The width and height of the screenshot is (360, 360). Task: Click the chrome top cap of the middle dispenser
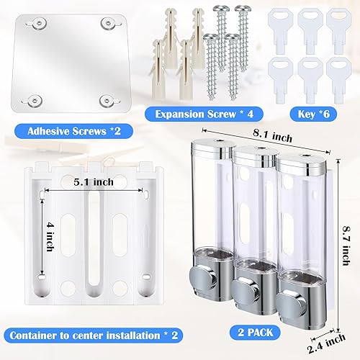251,154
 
